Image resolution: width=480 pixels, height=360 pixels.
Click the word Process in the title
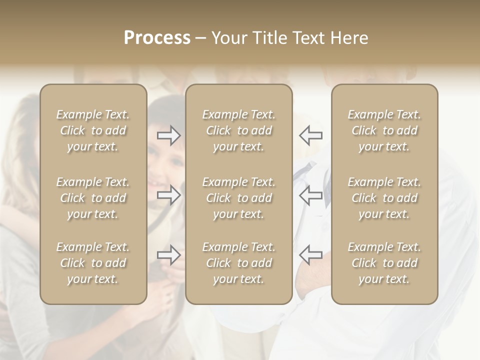pos(157,38)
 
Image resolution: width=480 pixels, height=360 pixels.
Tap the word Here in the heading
pos(349,38)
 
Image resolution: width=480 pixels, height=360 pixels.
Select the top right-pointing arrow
pos(169,135)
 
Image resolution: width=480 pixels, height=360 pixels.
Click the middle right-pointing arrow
pos(169,195)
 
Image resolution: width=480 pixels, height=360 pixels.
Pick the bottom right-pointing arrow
pos(169,255)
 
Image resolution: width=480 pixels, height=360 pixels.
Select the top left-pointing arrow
pos(311,135)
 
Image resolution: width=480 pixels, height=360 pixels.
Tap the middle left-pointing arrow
pos(311,195)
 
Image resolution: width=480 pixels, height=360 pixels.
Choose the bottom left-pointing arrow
pos(311,255)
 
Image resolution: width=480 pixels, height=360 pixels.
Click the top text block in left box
pos(93,130)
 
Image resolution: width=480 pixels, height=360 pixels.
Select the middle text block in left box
pos(93,198)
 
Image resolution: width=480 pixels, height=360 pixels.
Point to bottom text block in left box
pos(93,263)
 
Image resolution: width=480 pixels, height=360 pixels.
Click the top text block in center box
pos(238,130)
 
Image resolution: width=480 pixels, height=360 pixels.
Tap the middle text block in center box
pos(238,198)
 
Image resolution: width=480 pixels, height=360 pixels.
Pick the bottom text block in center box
pos(238,263)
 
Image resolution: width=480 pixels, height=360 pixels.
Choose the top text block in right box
pos(384,130)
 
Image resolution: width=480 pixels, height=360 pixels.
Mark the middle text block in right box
pos(384,198)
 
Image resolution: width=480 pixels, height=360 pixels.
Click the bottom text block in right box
pos(384,263)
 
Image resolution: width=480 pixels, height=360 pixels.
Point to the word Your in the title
pos(228,38)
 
